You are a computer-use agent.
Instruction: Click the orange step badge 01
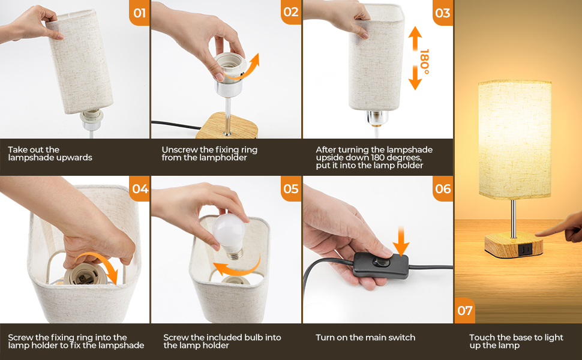139,12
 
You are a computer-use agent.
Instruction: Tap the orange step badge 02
290,12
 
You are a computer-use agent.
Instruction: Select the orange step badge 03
442,12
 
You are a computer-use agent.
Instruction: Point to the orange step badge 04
139,188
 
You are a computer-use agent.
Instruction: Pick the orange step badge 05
290,188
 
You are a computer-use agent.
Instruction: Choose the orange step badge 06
442,188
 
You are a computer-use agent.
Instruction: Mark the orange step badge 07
465,311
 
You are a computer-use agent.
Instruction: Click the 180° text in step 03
425,62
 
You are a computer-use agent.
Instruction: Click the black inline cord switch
379,264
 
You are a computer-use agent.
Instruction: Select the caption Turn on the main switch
365,338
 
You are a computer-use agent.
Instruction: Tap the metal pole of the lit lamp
512,216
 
